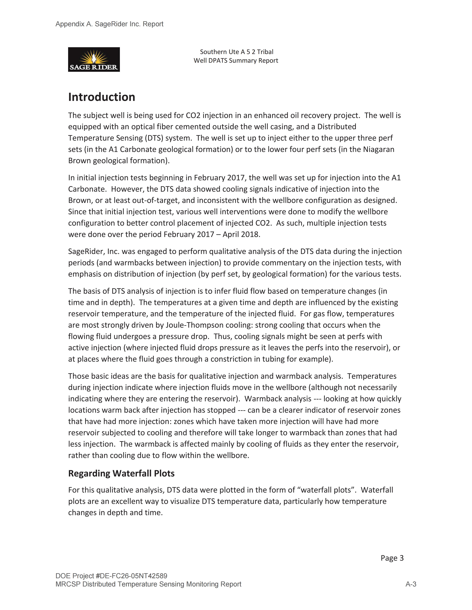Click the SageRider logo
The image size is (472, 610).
point(94,59)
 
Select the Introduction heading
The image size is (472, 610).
point(102,97)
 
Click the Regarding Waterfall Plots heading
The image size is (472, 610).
point(121,473)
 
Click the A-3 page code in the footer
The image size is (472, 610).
point(411,584)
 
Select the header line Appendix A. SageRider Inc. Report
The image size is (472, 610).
point(109,24)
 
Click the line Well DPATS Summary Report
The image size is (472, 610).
point(236,61)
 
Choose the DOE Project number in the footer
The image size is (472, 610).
point(111,576)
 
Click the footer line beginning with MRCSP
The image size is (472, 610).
point(148,584)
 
